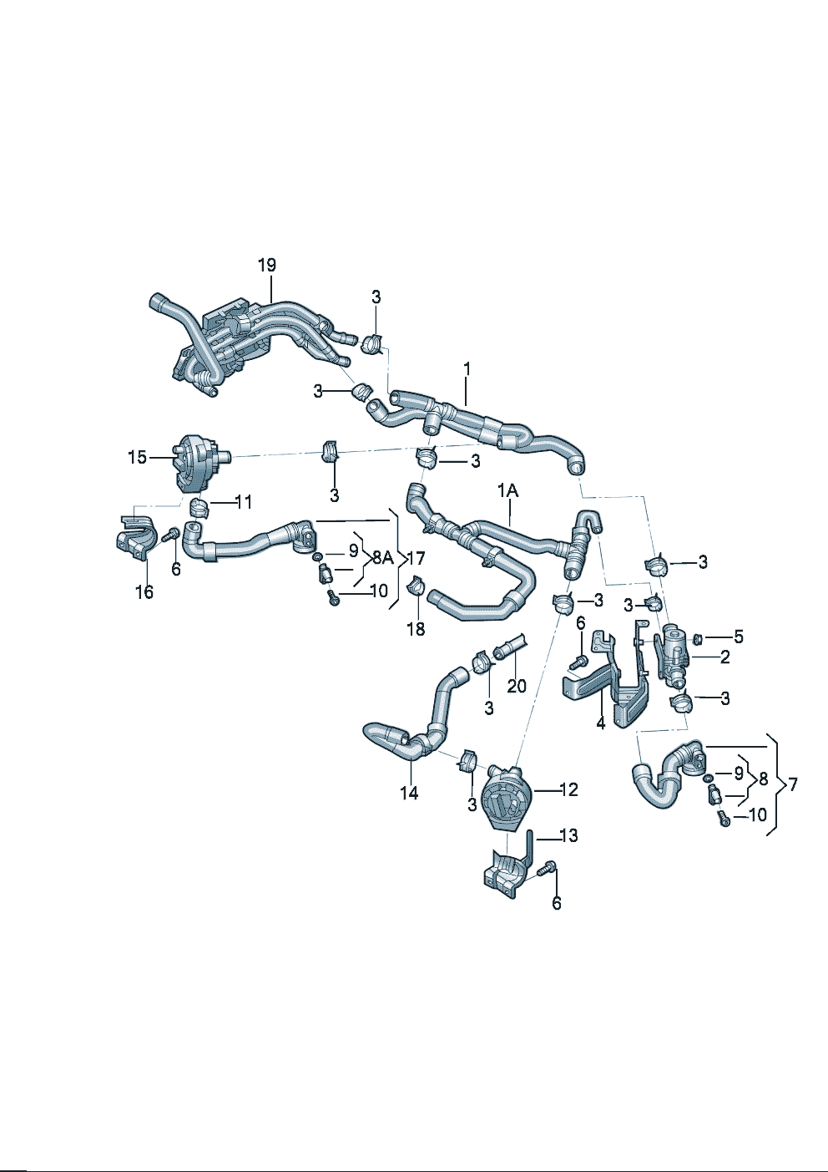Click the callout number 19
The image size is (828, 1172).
click(x=266, y=266)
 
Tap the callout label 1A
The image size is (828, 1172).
click(x=507, y=491)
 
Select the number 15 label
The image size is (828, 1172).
click(x=137, y=457)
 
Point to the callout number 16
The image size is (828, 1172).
click(x=144, y=591)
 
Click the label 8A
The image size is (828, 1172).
click(x=382, y=557)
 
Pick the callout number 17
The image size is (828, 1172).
click(x=415, y=558)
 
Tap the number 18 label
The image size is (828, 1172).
click(x=416, y=628)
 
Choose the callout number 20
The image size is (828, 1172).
click(x=517, y=687)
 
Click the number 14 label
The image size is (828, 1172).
click(x=409, y=792)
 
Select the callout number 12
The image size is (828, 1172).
click(x=568, y=789)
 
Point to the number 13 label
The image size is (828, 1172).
click(x=568, y=835)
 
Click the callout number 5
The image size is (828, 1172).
click(x=738, y=637)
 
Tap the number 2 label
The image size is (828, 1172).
click(x=724, y=657)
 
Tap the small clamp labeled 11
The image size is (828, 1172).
click(x=199, y=506)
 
